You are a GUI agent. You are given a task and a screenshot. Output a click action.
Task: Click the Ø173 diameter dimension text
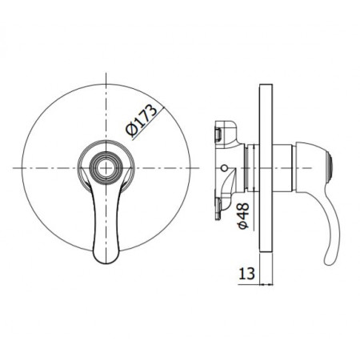[x=140, y=120]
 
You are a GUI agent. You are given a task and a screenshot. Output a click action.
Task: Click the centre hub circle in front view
[x=105, y=168]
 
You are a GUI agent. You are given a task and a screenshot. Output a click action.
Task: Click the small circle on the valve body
[x=223, y=169]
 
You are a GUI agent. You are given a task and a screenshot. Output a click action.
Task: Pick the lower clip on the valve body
[x=226, y=206]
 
